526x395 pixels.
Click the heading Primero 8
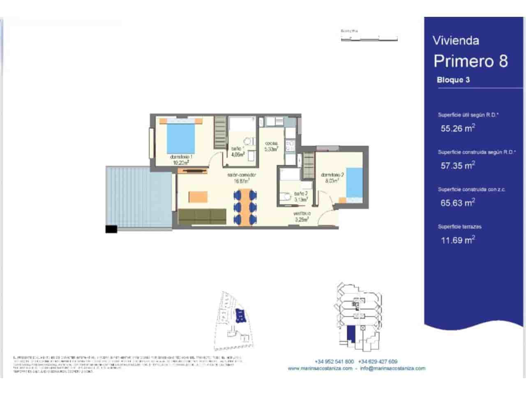471,61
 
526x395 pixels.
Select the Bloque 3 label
453,80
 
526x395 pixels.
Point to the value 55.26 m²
458,128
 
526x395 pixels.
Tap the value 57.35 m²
458,166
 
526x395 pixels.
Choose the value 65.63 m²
458,203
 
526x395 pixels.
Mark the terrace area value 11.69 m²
458,240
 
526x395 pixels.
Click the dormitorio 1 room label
181,160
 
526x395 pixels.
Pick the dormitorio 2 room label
332,177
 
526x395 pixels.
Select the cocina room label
271,146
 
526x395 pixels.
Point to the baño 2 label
301,196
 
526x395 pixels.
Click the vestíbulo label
302,216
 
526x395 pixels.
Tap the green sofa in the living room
202,216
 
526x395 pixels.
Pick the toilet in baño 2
284,196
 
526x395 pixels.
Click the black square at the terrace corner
111,229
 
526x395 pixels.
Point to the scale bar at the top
369,39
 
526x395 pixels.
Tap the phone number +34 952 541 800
334,362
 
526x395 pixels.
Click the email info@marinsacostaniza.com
392,369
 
